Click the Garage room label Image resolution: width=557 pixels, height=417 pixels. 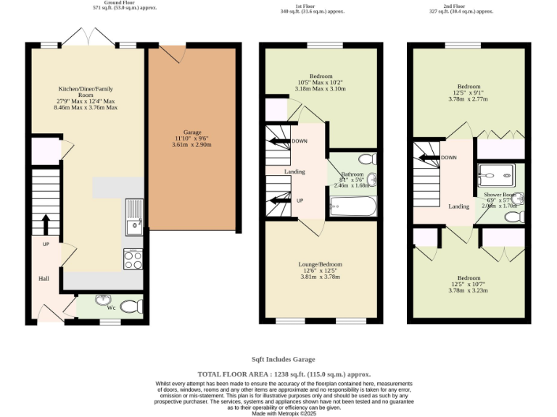pyautogui.click(x=191, y=132)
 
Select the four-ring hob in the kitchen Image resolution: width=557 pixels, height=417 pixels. pyautogui.click(x=133, y=259)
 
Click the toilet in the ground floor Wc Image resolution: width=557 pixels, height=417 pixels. pyautogui.click(x=131, y=307)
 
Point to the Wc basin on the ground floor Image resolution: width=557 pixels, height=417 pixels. pyautogui.click(x=102, y=300)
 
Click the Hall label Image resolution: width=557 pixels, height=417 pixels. pyautogui.click(x=44, y=278)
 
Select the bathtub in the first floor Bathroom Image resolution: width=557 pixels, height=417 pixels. pyautogui.click(x=353, y=207)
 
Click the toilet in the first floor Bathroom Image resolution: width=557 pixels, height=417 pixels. pyautogui.click(x=366, y=158)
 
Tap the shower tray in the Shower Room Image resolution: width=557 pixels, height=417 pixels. pyautogui.click(x=496, y=174)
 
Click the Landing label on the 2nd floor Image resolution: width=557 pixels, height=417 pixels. pyautogui.click(x=458, y=206)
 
